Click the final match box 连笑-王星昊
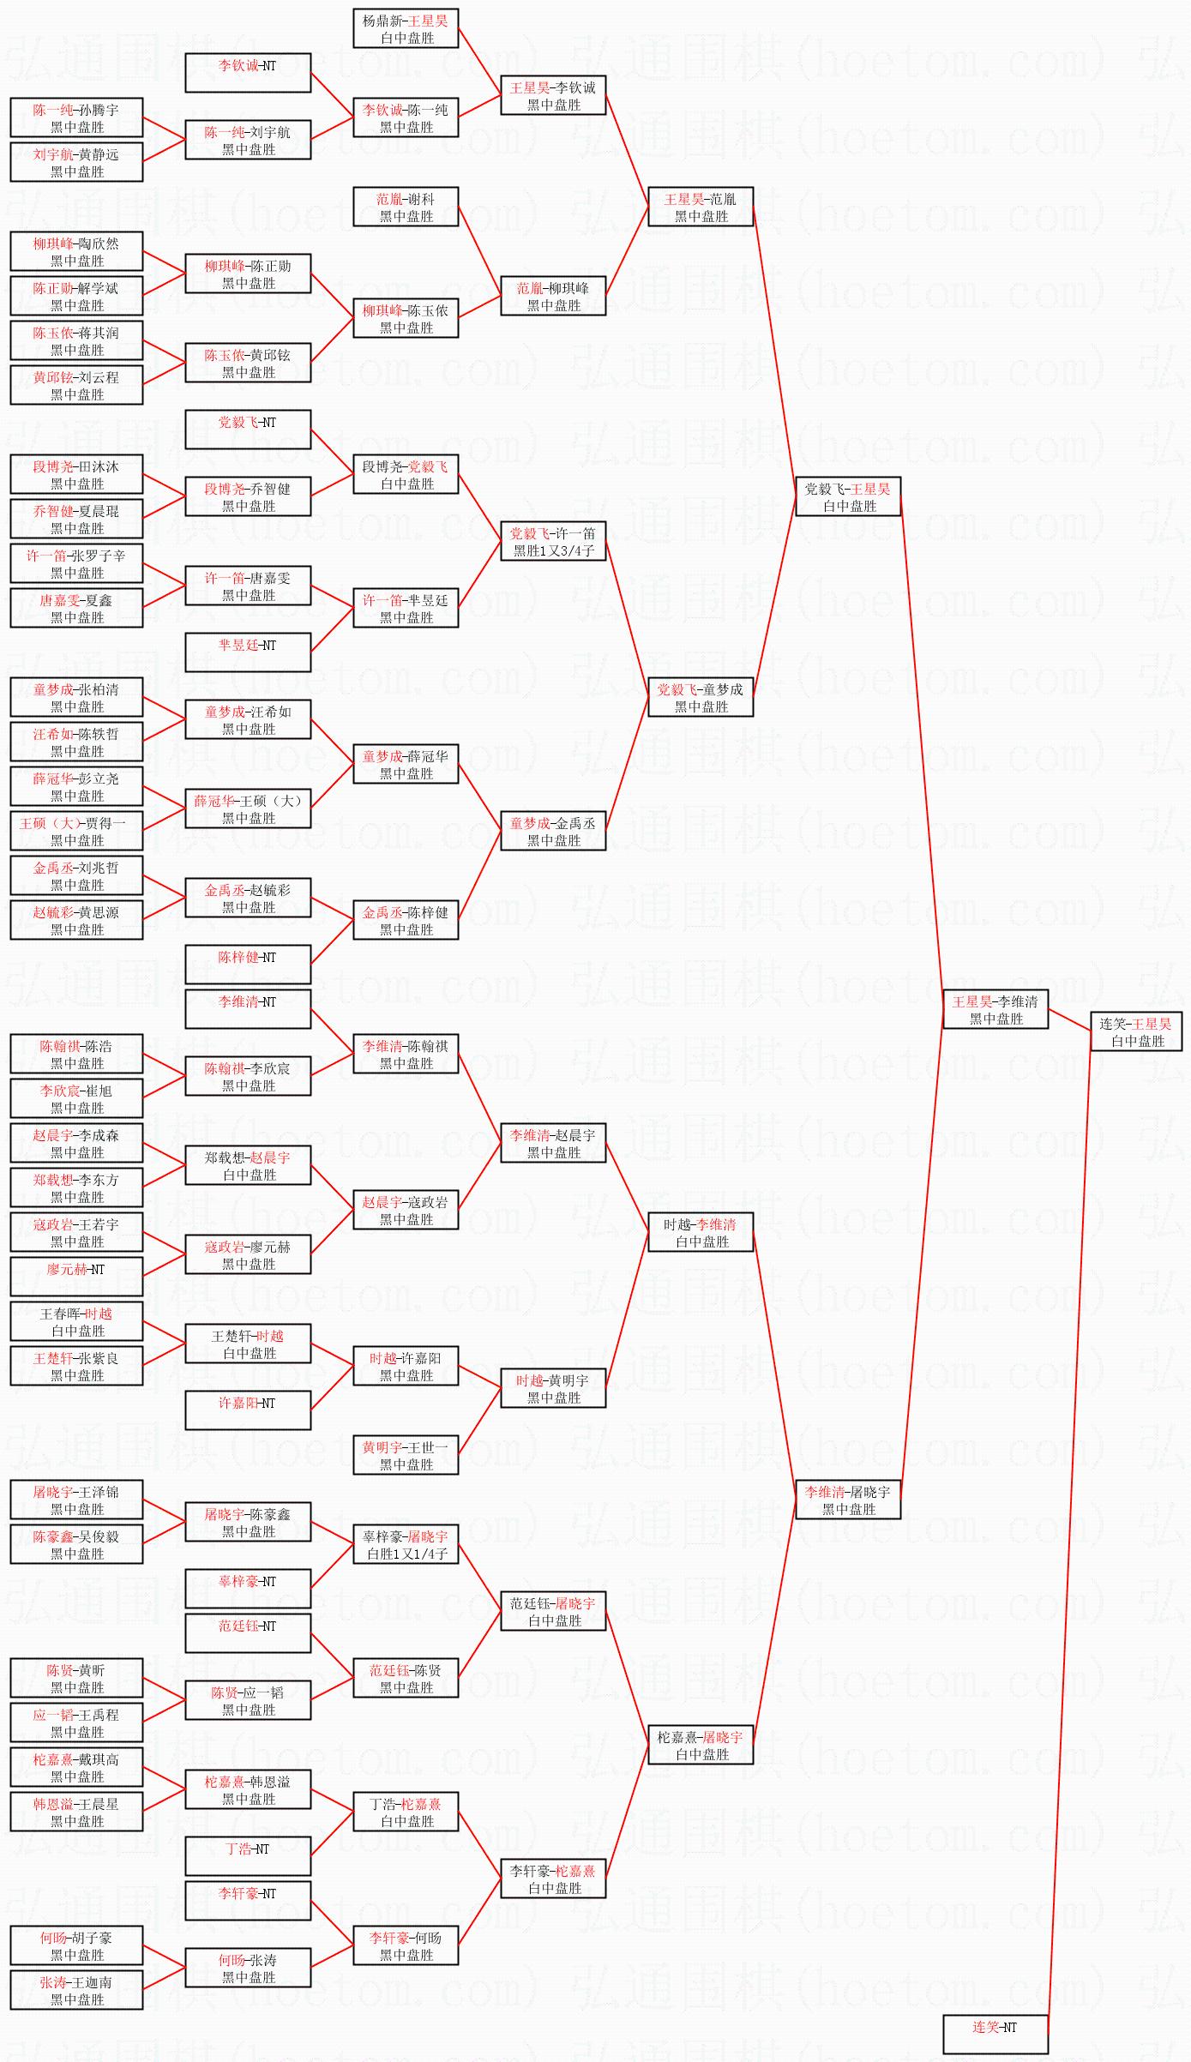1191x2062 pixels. click(x=1136, y=1031)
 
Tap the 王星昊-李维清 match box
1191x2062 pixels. click(x=995, y=1009)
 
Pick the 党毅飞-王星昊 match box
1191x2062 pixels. click(x=848, y=496)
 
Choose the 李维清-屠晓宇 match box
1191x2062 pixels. click(x=848, y=1500)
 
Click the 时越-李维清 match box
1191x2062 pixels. click(x=700, y=1232)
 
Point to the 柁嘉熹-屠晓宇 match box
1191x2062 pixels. click(x=700, y=1745)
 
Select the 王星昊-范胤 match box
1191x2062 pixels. click(x=700, y=207)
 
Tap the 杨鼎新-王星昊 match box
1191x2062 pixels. click(x=406, y=28)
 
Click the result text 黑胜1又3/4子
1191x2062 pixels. click(x=553, y=550)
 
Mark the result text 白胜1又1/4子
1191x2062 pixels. click(x=406, y=1554)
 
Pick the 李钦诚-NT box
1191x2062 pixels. click(x=248, y=73)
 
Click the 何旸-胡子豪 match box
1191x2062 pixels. click(x=76, y=1945)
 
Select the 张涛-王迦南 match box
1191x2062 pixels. click(x=76, y=1990)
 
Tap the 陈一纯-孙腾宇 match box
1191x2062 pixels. click(x=76, y=117)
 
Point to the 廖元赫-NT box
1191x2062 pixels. click(x=76, y=1277)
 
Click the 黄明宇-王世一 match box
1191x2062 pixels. click(x=406, y=1455)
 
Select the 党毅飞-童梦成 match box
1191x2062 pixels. click(x=700, y=697)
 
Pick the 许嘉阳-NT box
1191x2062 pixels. click(x=248, y=1410)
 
